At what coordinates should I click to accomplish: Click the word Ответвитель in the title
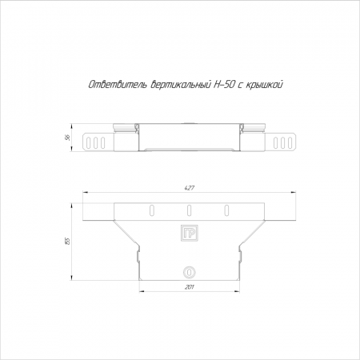click(118, 85)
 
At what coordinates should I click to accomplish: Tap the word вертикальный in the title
click(181, 85)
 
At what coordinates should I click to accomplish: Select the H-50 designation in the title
click(224, 85)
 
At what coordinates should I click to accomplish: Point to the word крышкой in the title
click(264, 85)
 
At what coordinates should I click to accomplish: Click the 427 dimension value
click(190, 188)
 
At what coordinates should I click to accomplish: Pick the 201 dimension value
click(189, 287)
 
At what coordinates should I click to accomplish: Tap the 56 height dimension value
click(68, 138)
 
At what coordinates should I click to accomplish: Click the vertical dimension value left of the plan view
click(68, 242)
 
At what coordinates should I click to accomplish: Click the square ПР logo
click(190, 233)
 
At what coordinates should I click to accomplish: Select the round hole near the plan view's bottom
click(190, 272)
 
